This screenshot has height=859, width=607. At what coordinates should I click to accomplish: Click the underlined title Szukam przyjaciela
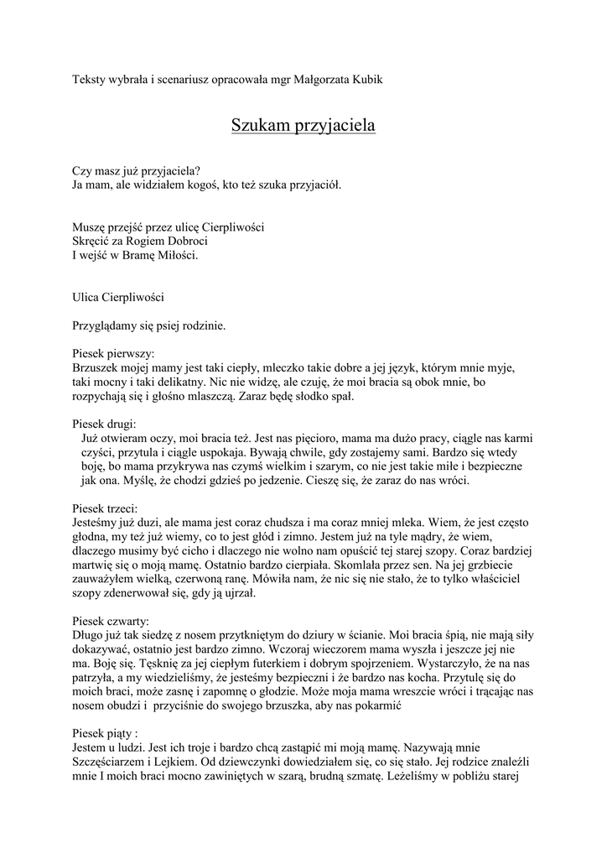[x=303, y=126]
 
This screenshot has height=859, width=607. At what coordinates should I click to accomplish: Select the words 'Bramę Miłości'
[x=163, y=255]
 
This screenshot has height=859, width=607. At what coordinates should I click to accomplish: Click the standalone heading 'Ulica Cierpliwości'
[x=118, y=297]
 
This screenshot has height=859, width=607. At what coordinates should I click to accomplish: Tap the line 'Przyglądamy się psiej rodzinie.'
[x=148, y=325]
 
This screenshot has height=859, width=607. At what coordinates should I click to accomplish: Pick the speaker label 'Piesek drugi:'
[x=104, y=424]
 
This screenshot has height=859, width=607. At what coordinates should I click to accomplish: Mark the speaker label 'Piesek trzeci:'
[x=106, y=508]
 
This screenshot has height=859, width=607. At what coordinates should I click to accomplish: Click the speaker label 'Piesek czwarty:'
[x=112, y=622]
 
